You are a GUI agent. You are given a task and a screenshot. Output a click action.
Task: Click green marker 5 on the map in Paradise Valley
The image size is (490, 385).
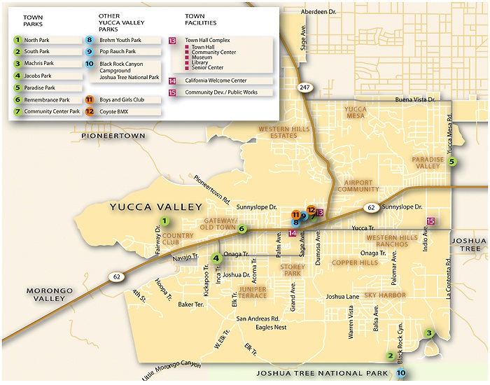(x=452, y=162)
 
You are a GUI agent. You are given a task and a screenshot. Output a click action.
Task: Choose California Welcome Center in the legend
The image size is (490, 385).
(x=216, y=80)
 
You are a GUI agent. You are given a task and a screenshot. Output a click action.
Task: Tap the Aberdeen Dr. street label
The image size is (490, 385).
(x=319, y=12)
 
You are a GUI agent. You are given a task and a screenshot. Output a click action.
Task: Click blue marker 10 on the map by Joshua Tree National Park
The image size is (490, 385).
(x=400, y=373)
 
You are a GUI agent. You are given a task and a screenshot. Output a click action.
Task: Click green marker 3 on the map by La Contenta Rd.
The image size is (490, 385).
(x=429, y=333)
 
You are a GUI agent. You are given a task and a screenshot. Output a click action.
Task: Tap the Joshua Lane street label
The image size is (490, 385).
(x=342, y=296)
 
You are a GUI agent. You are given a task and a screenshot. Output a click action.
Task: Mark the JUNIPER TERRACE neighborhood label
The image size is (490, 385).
(x=253, y=292)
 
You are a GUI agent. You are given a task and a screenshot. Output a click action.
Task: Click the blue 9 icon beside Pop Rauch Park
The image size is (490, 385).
(x=89, y=52)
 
